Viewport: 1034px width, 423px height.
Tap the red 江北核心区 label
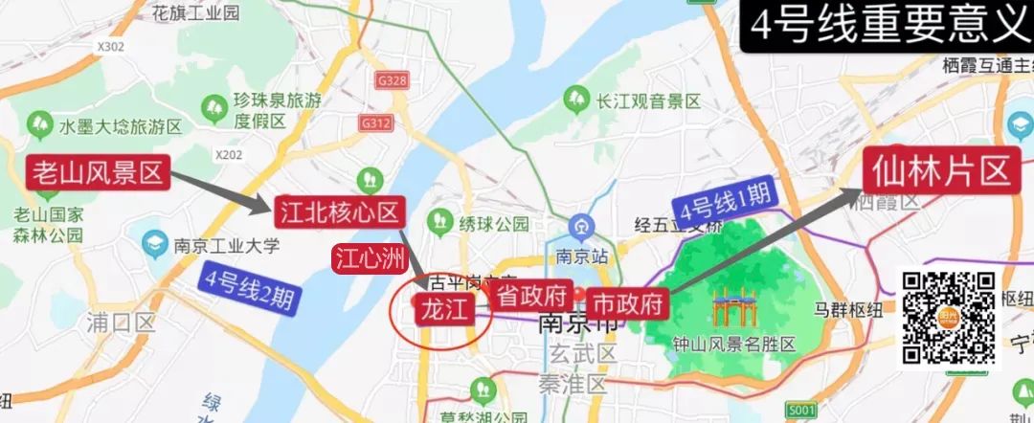point(337,212)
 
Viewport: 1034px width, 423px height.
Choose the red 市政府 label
point(627,304)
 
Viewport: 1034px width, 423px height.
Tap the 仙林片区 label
point(941,171)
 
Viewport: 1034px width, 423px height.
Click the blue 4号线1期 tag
point(724,200)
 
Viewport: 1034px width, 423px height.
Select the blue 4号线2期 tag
point(248,287)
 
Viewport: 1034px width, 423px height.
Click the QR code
point(950,318)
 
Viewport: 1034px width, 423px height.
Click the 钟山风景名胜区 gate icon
point(733,310)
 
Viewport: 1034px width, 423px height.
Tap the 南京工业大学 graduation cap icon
point(153,245)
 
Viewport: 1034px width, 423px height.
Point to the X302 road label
point(111,45)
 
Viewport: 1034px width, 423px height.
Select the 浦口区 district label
point(120,322)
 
